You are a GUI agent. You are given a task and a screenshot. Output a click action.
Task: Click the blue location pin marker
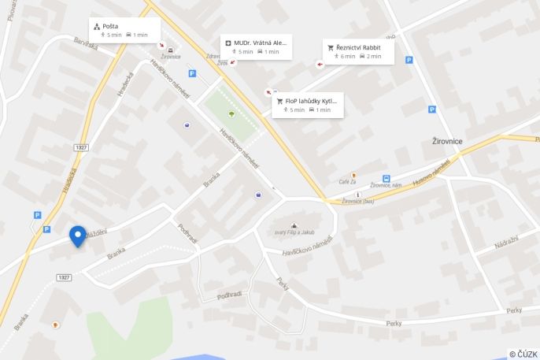point(77,236)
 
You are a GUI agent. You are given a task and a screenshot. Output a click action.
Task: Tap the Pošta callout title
point(110,26)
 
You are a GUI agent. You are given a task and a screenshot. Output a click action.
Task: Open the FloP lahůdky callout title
point(310,101)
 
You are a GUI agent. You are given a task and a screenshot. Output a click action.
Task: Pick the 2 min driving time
point(373,57)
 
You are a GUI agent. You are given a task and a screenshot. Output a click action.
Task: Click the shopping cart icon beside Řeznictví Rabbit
point(331,48)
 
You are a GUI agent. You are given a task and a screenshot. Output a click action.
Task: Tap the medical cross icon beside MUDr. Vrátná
point(228,43)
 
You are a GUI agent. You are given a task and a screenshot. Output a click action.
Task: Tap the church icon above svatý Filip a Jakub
point(294,225)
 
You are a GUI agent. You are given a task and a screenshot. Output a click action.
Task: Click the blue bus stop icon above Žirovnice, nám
point(387,179)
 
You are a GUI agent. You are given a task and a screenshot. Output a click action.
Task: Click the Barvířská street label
point(86,46)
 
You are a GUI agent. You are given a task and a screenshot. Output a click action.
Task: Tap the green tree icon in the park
point(231,113)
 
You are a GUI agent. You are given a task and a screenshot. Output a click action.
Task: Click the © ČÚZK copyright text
point(523,354)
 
